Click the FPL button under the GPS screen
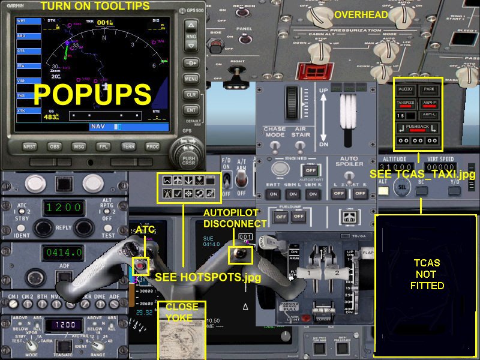click(x=103, y=146)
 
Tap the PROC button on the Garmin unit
click(x=152, y=146)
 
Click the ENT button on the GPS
click(x=191, y=110)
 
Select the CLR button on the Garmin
click(x=191, y=95)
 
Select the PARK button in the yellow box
click(x=428, y=89)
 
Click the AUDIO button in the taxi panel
click(x=406, y=89)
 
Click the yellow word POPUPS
click(x=92, y=95)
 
